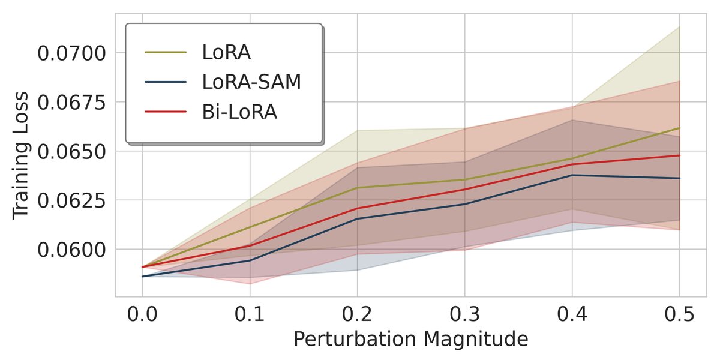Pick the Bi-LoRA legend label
click(239, 112)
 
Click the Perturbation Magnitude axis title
click(410, 340)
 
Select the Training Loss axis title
click(22, 155)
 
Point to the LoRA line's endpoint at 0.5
click(679, 128)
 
